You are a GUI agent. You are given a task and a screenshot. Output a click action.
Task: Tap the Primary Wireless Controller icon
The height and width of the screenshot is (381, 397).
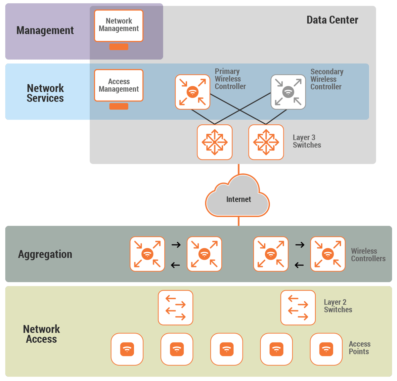(193, 92)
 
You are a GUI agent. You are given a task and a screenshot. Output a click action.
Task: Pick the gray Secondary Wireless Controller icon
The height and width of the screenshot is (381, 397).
(288, 92)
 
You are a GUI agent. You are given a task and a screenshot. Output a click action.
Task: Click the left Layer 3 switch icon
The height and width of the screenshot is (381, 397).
(215, 142)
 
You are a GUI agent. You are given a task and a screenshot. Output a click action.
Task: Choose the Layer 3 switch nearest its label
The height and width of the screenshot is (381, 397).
(266, 142)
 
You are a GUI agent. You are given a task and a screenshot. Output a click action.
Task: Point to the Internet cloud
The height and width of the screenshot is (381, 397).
(238, 198)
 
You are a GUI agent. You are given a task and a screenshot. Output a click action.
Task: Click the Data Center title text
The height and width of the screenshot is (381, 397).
(332, 20)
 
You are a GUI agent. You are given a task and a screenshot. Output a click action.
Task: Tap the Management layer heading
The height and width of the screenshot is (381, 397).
(45, 30)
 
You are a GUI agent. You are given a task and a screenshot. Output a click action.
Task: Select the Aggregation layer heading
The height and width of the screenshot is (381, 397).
(45, 254)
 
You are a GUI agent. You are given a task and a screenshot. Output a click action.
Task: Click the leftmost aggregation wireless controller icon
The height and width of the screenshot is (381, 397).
(147, 254)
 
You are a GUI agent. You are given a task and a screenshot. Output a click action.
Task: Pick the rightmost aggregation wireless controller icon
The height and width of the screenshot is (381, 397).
(328, 254)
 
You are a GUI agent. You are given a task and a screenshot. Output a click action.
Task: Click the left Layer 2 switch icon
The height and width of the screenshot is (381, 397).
(175, 308)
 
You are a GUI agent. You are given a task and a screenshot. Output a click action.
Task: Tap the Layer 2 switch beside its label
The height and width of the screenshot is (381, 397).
(298, 308)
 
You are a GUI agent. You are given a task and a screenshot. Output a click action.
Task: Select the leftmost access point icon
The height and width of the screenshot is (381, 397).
(127, 349)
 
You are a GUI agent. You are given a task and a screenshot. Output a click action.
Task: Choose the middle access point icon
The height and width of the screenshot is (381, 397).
(227, 349)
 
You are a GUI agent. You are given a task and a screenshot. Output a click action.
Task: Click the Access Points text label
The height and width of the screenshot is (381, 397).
(359, 348)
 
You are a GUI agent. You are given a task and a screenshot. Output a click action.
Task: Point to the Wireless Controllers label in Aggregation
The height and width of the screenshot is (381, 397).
(368, 255)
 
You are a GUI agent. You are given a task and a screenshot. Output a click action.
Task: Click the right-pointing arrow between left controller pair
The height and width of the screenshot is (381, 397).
(176, 245)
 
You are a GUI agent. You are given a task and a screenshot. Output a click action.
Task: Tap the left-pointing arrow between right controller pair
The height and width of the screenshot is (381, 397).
(299, 265)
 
